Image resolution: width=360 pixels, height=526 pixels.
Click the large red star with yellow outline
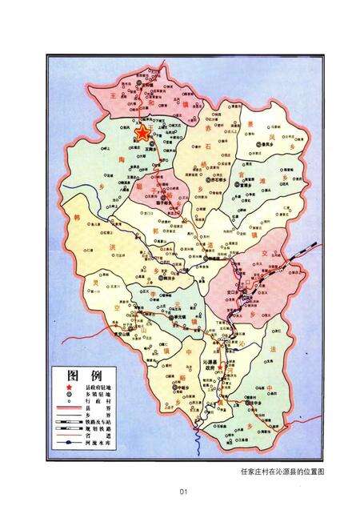(144, 133)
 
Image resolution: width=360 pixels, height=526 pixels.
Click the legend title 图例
(84, 375)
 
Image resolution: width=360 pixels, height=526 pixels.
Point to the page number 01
(182, 492)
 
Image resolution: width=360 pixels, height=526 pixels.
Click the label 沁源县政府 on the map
(217, 365)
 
